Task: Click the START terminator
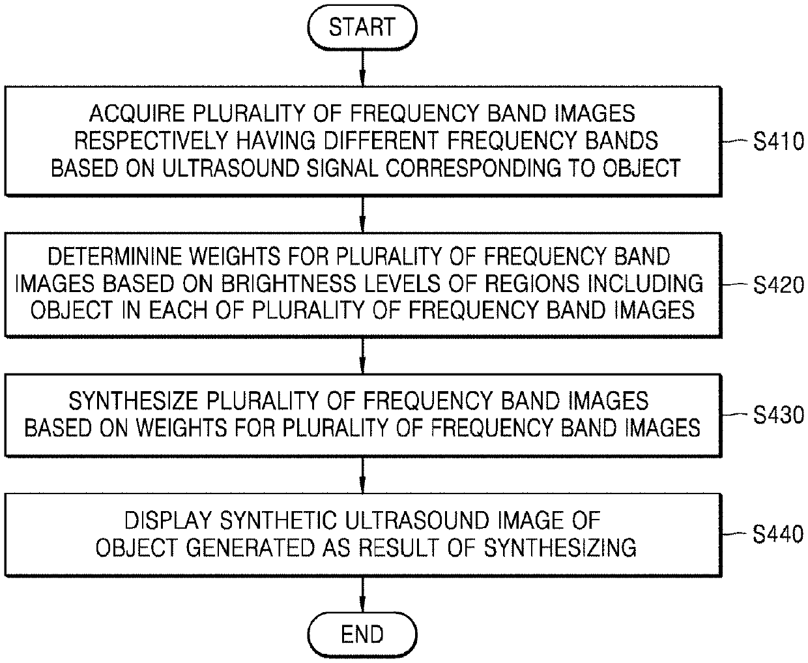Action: [362, 27]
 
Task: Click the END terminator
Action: [362, 634]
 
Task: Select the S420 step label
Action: [778, 285]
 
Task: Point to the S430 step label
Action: [778, 415]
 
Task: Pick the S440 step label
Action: [778, 535]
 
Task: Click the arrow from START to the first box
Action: [362, 68]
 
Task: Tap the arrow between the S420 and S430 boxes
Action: [362, 355]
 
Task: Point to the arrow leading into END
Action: [362, 596]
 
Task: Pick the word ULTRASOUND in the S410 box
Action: [212, 168]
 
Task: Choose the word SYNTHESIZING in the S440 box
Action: [562, 548]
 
